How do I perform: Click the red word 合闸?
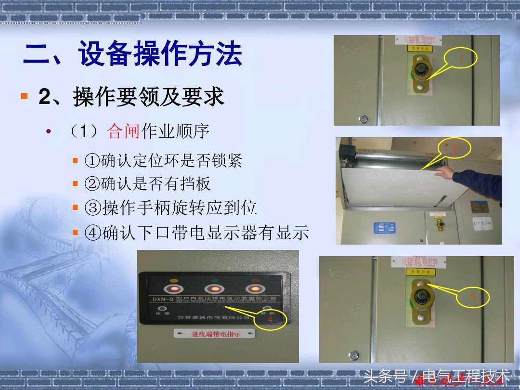[x=124, y=131]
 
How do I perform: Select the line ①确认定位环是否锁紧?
[x=163, y=161]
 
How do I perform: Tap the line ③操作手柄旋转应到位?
[x=170, y=208]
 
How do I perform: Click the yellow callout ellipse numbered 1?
[x=460, y=59]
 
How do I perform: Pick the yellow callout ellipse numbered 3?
[x=473, y=297]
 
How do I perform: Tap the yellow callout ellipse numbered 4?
[x=270, y=319]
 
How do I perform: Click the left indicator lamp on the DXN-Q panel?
[x=173, y=289]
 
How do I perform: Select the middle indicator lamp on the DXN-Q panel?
[x=213, y=289]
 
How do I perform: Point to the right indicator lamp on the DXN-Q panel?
[x=254, y=289]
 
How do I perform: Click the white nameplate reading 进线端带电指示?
[x=214, y=334]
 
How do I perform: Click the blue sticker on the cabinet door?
[x=384, y=228]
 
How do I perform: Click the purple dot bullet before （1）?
[x=48, y=131]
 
